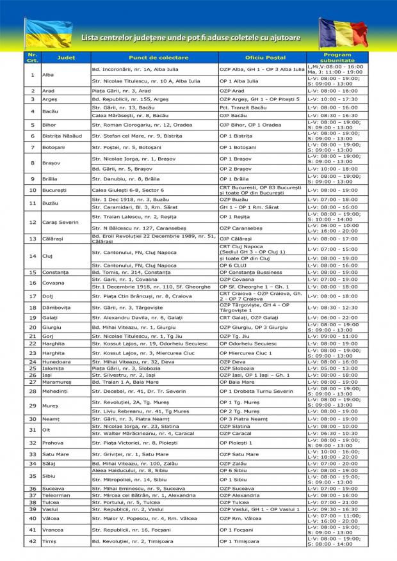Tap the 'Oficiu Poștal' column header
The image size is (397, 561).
click(x=261, y=58)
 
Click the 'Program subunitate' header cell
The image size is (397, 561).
click(x=337, y=58)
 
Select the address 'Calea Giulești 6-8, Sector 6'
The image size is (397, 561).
click(x=128, y=191)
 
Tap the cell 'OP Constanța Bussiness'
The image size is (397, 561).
click(x=250, y=272)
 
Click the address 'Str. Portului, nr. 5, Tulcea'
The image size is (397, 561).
click(x=129, y=502)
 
